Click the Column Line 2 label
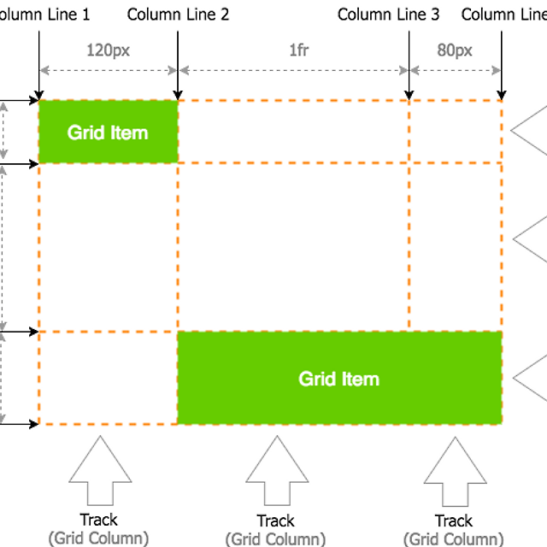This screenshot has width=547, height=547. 178,15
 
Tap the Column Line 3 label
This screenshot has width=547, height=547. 388,15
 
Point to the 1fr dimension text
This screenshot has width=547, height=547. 293,50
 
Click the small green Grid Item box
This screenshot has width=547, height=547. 109,132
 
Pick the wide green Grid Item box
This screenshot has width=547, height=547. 339,378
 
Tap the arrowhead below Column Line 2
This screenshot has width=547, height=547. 177,94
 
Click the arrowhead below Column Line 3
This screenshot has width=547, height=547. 409,94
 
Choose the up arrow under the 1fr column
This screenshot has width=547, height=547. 276,471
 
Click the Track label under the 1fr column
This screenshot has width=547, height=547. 276,521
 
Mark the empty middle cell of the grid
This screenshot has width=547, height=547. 293,246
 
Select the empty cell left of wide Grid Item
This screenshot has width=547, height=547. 109,378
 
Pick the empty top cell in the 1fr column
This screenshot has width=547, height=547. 293,131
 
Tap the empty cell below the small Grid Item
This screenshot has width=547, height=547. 109,246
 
